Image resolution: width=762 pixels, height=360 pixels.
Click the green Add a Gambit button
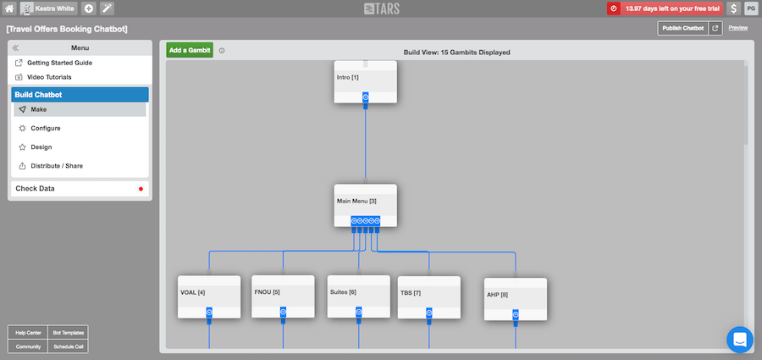click(190, 50)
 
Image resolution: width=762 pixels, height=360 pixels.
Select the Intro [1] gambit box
click(366, 81)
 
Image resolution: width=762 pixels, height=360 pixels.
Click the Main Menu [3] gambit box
click(366, 205)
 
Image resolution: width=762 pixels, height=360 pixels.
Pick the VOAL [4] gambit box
click(209, 296)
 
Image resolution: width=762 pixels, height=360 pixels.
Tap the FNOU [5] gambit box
click(283, 296)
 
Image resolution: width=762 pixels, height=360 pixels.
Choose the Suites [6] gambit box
click(359, 296)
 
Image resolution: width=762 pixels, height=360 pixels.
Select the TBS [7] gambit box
click(429, 297)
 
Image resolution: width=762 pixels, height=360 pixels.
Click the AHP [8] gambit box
click(516, 299)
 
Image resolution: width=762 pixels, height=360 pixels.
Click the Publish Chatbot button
click(682, 28)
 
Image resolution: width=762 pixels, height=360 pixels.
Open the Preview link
click(737, 28)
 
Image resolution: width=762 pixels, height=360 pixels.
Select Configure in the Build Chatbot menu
click(46, 129)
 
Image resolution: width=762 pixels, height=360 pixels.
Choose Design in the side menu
click(41, 147)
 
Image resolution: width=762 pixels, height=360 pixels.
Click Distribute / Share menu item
click(57, 166)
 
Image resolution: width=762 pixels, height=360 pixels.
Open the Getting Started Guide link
click(59, 63)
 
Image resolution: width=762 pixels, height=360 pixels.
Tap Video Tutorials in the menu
click(49, 77)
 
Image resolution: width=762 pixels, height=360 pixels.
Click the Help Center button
click(28, 333)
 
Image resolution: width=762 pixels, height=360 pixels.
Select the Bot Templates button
click(68, 333)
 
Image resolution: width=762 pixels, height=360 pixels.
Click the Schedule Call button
click(68, 346)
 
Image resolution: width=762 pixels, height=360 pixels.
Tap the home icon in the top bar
click(9, 8)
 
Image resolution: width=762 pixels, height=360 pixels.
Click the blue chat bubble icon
click(740, 340)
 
